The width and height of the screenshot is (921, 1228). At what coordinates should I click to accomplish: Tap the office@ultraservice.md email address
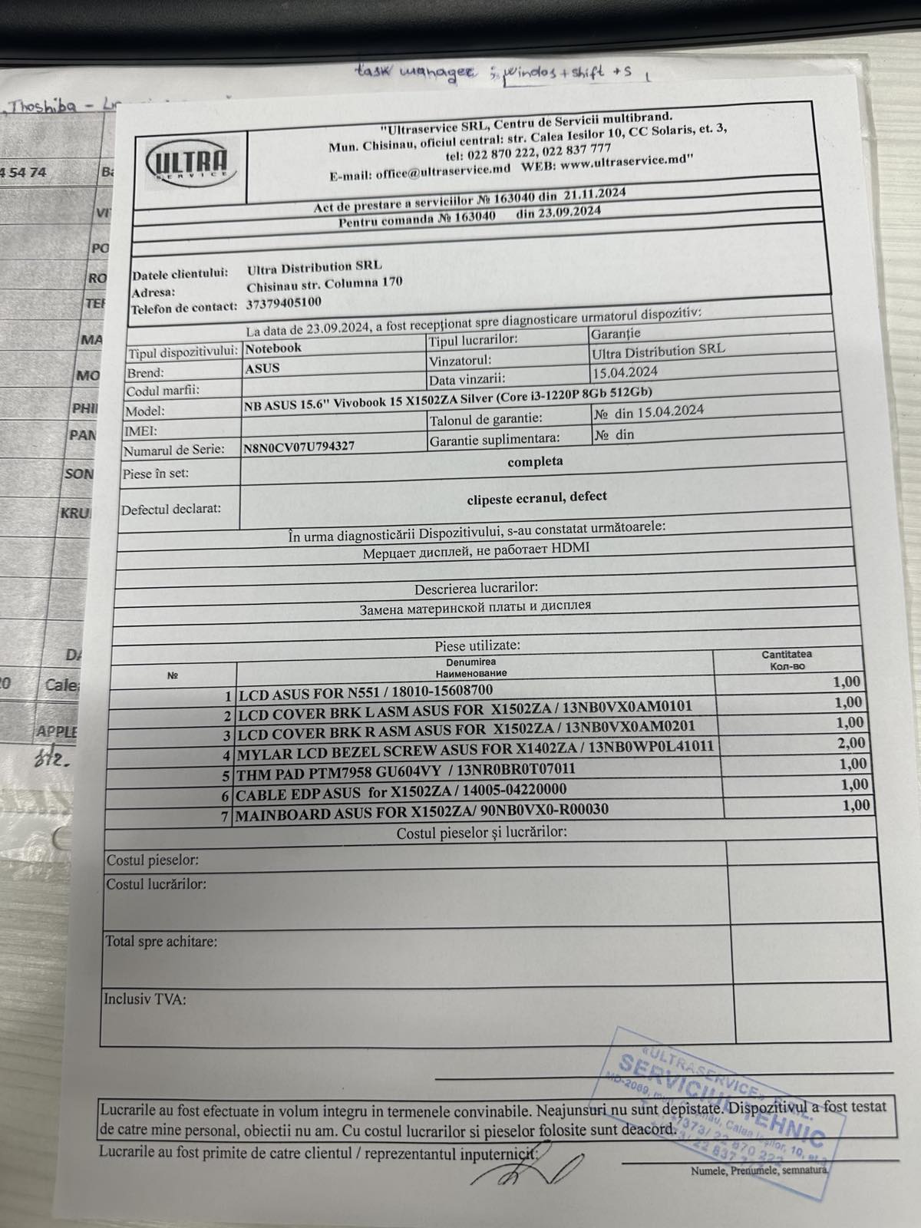tap(443, 173)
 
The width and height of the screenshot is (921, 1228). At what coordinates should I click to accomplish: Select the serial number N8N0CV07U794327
tap(299, 446)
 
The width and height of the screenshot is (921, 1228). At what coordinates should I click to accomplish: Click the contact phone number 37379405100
tap(284, 303)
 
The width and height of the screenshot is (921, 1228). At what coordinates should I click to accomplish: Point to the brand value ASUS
tap(262, 368)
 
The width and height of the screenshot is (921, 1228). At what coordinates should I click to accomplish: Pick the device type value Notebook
tap(273, 348)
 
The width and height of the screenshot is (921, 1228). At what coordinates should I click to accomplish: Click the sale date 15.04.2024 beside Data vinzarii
tap(625, 372)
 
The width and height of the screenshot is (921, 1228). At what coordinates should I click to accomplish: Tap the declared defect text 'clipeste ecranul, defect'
tap(536, 497)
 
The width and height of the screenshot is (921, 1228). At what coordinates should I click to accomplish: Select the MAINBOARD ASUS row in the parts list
tap(421, 811)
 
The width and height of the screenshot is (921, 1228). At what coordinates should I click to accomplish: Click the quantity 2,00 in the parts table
tap(851, 743)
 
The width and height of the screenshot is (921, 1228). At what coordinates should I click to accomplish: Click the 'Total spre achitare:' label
tap(161, 942)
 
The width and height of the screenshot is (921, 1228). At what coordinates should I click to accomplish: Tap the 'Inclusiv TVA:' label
tap(145, 999)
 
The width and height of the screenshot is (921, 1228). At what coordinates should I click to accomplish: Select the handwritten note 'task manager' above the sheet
tap(415, 73)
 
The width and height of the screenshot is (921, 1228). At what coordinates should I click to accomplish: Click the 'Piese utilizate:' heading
tap(477, 646)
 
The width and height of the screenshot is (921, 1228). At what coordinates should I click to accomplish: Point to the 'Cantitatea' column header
tap(787, 655)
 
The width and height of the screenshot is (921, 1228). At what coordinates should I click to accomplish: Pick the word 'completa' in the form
tap(535, 462)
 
